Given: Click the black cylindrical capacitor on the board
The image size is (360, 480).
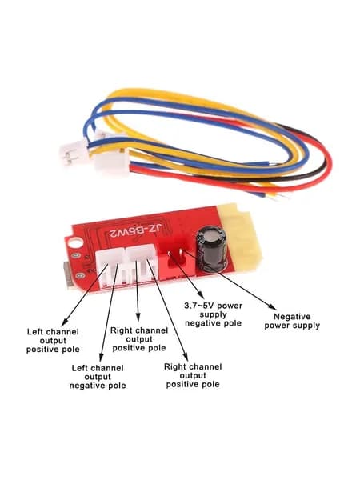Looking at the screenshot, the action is point(212,250).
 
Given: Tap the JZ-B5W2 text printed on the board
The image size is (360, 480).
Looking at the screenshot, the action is point(136,231).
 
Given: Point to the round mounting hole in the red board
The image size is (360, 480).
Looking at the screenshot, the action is point(76,243).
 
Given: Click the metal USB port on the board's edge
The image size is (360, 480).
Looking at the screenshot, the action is point(68,275).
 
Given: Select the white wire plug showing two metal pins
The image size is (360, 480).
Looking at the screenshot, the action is point(74,153).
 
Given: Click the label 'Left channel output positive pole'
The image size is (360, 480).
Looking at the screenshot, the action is point(53,341).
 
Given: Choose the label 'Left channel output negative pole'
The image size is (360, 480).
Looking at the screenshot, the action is point(98,377).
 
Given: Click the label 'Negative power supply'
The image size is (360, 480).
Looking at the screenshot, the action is point(292,321).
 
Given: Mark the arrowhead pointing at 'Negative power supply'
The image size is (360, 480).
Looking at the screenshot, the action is point(272,306).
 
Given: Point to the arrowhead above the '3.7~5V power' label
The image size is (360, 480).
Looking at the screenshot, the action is point(201,295).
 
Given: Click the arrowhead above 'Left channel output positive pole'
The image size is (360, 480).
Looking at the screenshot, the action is point(64,322).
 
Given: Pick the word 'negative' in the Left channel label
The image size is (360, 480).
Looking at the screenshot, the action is point(84,386).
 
